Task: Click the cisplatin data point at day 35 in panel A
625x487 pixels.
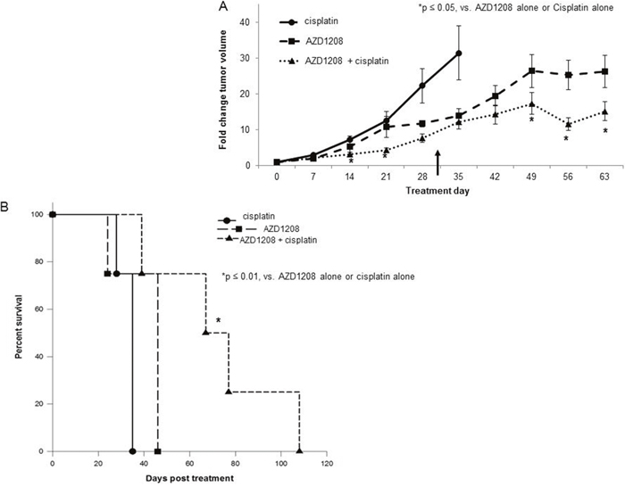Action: pos(459,53)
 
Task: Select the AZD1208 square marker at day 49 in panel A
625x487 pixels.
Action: pos(532,70)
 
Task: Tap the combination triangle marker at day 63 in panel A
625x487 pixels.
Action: pos(604,111)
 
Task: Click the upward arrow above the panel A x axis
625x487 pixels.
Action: pos(438,162)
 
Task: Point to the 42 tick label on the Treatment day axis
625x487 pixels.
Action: pos(495,177)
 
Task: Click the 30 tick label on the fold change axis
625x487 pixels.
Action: pos(249,58)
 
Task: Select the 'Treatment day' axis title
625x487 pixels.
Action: pos(437,191)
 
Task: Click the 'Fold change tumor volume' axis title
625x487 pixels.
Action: pos(223,90)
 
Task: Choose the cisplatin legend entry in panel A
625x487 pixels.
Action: pos(308,21)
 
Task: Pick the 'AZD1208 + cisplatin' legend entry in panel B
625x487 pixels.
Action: pos(268,240)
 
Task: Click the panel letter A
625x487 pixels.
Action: pos(223,6)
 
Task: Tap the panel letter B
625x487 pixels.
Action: pos(4,208)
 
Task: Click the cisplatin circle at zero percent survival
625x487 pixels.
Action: pos(133,451)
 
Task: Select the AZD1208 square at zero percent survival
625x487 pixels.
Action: pos(158,451)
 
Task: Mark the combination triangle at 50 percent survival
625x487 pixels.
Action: pos(205,332)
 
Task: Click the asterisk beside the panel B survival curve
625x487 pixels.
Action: pos(219,320)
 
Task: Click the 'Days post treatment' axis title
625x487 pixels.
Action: pos(189,478)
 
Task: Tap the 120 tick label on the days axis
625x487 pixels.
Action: pos(327,464)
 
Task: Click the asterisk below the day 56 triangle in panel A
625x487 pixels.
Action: pos(566,138)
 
